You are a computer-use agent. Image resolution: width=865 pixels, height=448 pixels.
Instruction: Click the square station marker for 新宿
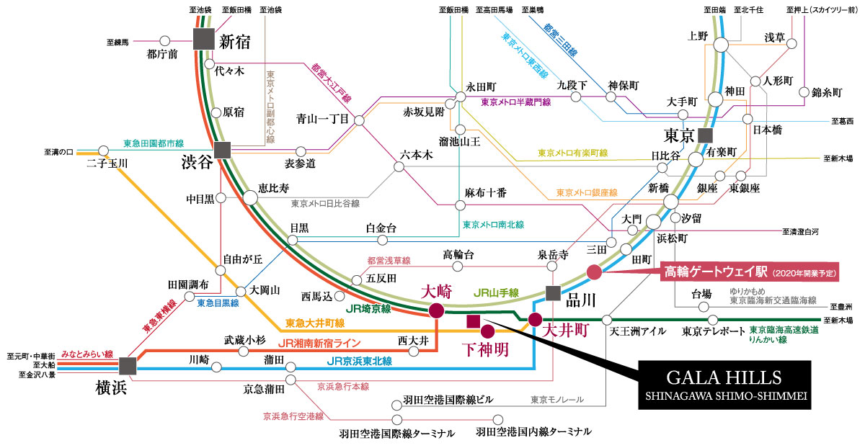[x=204, y=39]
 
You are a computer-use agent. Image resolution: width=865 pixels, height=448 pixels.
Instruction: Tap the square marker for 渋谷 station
[x=223, y=150]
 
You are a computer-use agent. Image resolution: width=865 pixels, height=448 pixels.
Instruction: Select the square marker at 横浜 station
[x=128, y=366]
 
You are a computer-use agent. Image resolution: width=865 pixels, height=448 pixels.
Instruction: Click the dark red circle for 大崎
[x=436, y=310]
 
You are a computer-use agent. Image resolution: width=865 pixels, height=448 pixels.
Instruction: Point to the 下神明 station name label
[x=486, y=350]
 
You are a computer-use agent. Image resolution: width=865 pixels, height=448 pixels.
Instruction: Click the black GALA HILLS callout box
[x=724, y=385]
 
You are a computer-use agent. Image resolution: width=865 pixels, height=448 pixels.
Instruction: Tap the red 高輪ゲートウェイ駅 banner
[x=750, y=272]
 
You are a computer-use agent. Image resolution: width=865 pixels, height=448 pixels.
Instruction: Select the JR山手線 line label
[x=496, y=293]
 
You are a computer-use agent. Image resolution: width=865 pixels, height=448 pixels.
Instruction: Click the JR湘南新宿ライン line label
[x=320, y=343]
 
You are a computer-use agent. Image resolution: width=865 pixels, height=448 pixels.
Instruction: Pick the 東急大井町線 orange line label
[x=315, y=323]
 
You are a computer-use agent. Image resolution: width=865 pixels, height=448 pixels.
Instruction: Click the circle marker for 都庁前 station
[x=165, y=40]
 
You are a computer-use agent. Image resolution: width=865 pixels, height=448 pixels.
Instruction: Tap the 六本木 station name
[x=417, y=155]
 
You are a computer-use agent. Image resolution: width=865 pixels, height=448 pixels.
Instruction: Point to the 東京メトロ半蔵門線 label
[x=516, y=102]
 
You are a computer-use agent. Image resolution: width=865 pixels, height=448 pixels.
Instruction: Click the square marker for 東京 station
[x=706, y=136]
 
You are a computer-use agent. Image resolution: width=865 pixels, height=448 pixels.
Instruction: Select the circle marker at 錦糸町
[x=804, y=92]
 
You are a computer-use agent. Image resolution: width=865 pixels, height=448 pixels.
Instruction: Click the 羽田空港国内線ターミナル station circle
[x=498, y=419]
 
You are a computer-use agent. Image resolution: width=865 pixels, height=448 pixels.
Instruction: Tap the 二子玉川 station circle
[x=104, y=151]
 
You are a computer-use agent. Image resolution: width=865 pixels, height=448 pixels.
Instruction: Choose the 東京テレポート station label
[x=713, y=331]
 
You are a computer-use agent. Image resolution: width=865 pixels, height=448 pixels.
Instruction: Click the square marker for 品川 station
[x=553, y=293]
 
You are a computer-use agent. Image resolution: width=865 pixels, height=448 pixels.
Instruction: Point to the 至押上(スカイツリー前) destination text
[x=822, y=10]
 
